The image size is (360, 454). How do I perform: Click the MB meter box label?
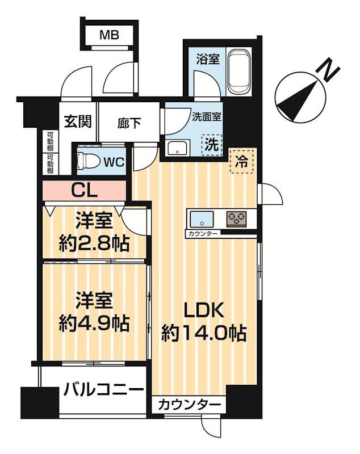pos(110,36)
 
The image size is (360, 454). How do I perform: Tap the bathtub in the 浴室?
pos(242,73)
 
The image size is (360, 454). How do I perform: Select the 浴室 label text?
pos(208,59)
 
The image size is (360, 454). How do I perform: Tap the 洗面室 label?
pos(207,117)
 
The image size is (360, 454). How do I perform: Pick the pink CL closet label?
pos(85,190)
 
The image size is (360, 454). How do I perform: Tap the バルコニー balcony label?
pos(103,390)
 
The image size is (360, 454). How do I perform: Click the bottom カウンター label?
pos(189,405)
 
